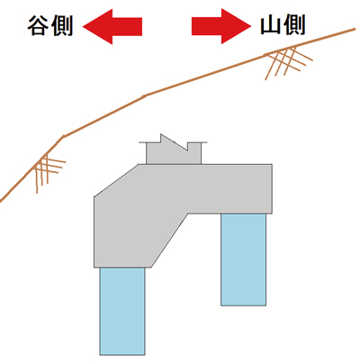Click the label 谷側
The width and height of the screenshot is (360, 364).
click(50, 26)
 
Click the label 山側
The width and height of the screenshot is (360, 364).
click(283, 24)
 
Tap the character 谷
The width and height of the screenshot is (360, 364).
click(39, 26)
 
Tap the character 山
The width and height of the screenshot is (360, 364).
click(271, 25)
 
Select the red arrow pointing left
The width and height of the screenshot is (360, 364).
click(112, 26)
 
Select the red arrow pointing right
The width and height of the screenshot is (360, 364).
click(221, 26)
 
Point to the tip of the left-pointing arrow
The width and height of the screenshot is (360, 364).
click(83, 27)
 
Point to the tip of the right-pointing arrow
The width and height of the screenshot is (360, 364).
click(251, 26)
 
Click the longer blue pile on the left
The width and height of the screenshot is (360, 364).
click(122, 311)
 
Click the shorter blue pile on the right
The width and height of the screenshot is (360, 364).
click(243, 259)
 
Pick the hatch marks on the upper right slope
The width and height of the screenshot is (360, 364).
click(288, 61)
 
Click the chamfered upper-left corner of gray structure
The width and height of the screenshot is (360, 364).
click(116, 180)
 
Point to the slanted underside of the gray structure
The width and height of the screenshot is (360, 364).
click(169, 240)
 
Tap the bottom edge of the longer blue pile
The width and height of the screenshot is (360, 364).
click(122, 355)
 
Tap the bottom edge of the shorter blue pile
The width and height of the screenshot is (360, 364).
click(243, 305)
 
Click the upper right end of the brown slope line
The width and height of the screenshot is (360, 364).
click(355, 29)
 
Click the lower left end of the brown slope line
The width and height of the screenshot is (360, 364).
click(1, 201)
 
